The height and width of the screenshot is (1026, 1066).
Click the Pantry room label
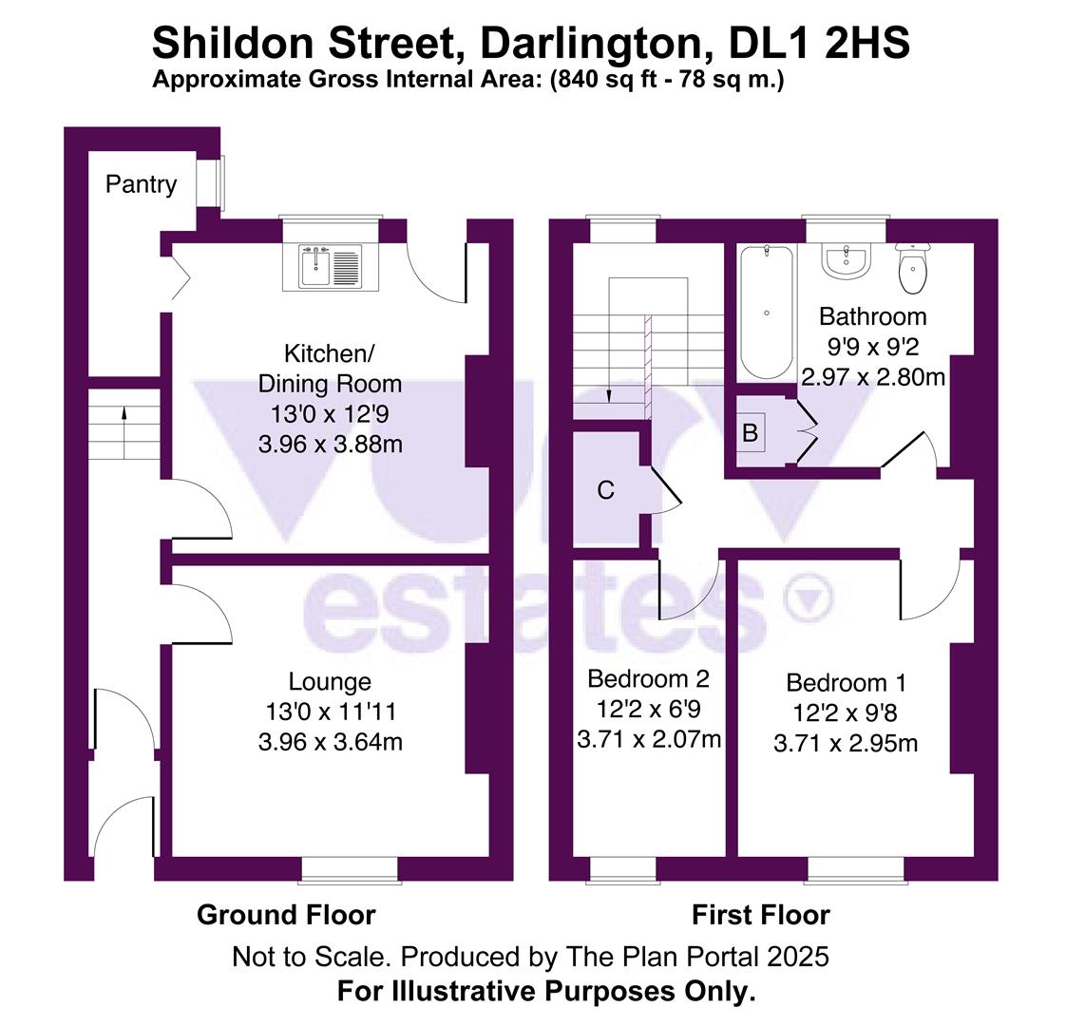[x=141, y=183]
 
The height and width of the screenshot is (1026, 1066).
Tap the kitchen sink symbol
[x=330, y=266]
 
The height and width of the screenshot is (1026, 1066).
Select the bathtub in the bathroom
[x=766, y=312]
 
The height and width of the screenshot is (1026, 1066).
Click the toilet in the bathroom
[x=912, y=269]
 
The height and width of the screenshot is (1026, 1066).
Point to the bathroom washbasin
[x=846, y=261]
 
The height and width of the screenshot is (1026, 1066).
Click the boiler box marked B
[x=750, y=433]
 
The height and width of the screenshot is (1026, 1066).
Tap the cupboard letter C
[x=605, y=490]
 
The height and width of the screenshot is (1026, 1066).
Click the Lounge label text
[x=330, y=681]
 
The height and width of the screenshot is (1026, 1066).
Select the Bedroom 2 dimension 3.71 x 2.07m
[x=649, y=738]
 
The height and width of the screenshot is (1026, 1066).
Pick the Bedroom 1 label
[x=846, y=682]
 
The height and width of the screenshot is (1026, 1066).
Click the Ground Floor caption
[x=286, y=915]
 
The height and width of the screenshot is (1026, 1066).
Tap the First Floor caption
[x=760, y=915]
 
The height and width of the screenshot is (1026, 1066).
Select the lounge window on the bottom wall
[x=350, y=867]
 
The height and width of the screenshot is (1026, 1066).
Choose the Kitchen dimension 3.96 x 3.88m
[x=330, y=444]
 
